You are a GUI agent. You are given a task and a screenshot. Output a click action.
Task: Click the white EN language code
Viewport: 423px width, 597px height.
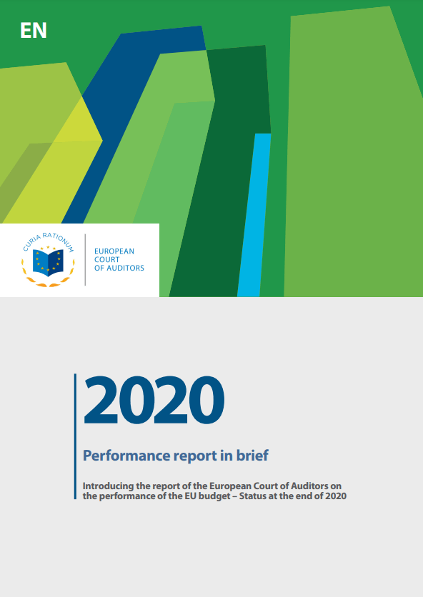click(x=34, y=31)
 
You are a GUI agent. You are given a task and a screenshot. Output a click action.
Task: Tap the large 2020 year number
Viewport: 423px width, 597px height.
click(x=154, y=400)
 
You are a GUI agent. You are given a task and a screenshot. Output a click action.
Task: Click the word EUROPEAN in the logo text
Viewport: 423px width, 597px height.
click(x=114, y=251)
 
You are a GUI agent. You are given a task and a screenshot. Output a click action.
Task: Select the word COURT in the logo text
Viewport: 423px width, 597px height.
click(x=107, y=260)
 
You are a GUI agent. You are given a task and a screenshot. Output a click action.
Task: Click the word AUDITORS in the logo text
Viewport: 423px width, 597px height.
click(x=125, y=268)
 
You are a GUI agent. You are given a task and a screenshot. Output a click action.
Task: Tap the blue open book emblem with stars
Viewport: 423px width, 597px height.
click(x=48, y=262)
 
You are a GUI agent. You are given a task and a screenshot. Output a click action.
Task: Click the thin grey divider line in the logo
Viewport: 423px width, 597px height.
click(x=85, y=260)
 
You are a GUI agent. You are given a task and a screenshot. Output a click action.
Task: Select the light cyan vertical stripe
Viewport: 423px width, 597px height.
click(x=254, y=215)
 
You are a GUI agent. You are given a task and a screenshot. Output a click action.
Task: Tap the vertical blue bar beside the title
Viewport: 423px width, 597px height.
click(x=76, y=436)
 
